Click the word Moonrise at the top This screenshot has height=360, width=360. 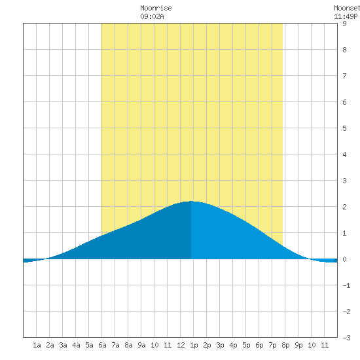click(x=156, y=8)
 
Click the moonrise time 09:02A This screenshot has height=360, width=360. click(x=152, y=16)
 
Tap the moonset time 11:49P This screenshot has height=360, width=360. click(x=346, y=16)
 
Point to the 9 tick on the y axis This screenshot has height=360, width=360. click(x=344, y=24)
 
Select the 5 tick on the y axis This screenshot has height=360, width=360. click(x=344, y=128)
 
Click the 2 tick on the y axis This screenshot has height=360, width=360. click(x=344, y=207)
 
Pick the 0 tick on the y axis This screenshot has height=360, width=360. click(x=344, y=259)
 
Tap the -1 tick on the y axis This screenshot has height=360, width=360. click(x=346, y=285)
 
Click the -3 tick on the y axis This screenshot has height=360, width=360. click(x=346, y=338)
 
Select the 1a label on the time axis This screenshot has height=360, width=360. click(x=37, y=345)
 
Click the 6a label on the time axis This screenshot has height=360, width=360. click(x=102, y=345)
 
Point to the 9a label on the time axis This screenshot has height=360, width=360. click(x=141, y=345)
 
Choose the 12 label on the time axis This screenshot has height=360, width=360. click(x=181, y=345)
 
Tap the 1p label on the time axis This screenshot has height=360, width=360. click(x=194, y=345)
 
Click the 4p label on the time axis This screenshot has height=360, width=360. click(x=233, y=345)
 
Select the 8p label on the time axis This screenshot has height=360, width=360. click(x=285, y=345)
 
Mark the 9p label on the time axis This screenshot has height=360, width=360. click(x=298, y=345)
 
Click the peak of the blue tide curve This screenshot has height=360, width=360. click(x=191, y=202)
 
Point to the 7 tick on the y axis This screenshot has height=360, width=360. click(x=344, y=76)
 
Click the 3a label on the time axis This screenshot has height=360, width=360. click(x=63, y=345)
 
